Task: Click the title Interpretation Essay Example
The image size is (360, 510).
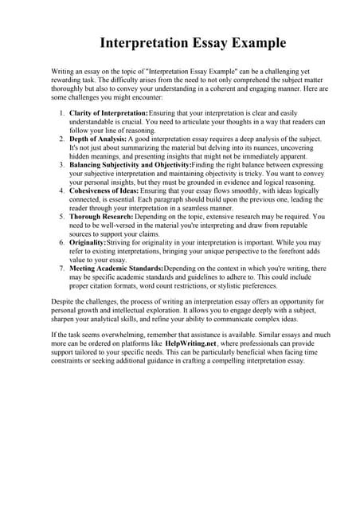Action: [x=180, y=42]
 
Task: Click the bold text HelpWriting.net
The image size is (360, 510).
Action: [x=190, y=343]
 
